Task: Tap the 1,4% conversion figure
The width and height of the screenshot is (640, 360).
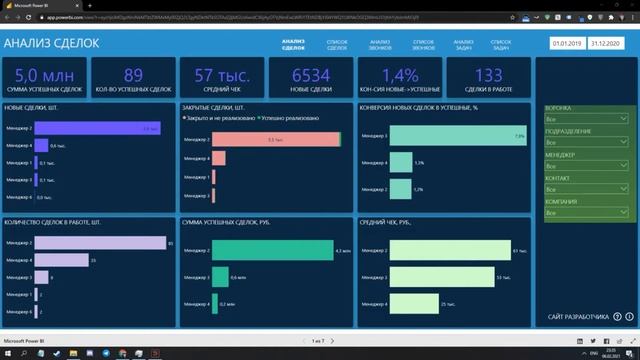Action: click(401, 76)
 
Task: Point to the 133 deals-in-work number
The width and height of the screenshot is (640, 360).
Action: click(490, 76)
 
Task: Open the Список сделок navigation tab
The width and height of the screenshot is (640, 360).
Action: click(337, 44)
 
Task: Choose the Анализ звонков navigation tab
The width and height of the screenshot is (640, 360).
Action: click(379, 44)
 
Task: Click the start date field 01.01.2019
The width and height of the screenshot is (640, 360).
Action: click(566, 45)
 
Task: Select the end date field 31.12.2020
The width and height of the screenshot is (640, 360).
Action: click(607, 45)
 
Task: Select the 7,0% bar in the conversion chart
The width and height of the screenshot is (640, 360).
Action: click(457, 136)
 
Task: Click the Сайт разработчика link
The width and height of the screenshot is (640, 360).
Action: click(578, 318)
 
